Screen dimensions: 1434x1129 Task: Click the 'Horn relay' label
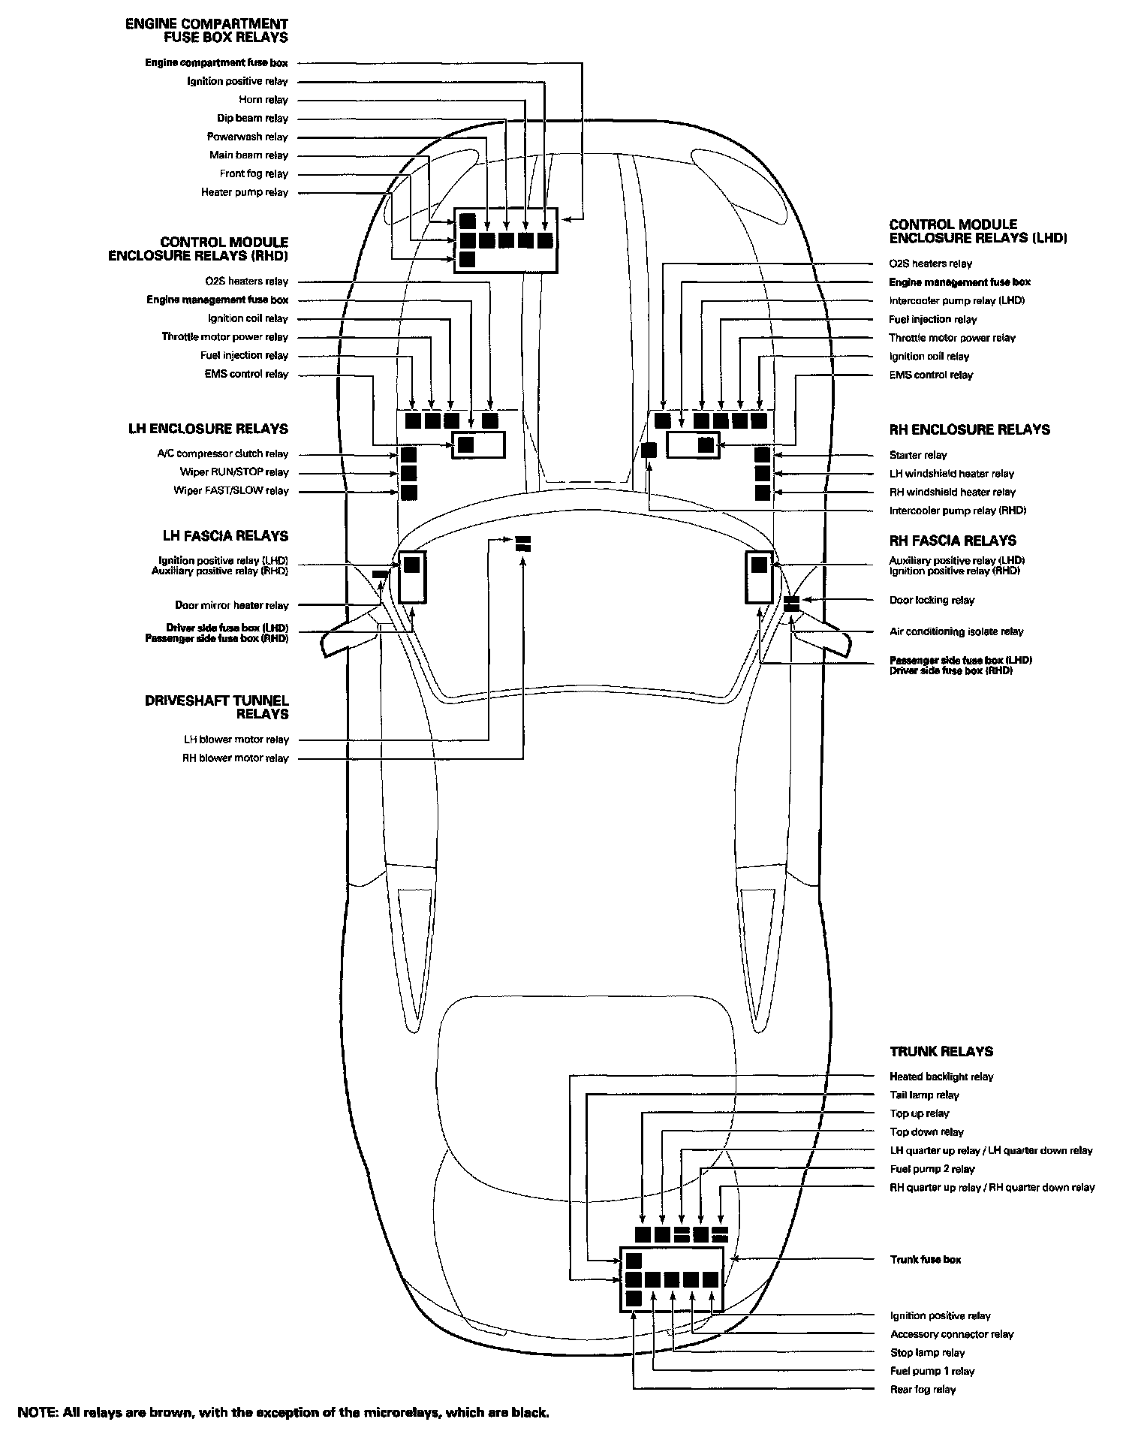[263, 100]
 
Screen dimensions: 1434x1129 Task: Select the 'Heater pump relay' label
[244, 192]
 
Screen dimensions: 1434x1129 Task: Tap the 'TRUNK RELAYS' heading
[941, 1052]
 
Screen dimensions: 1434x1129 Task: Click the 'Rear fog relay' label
[923, 1390]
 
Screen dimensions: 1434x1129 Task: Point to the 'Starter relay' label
[918, 455]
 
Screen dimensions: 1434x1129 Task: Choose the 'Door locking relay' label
[932, 600]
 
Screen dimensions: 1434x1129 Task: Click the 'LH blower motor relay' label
[236, 740]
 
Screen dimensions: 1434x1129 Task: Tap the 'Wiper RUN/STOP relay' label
[233, 472]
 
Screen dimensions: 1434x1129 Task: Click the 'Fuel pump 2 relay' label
[932, 1169]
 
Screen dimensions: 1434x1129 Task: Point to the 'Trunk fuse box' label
[925, 1259]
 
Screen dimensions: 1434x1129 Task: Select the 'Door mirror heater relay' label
[231, 605]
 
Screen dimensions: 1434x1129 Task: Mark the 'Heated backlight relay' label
[941, 1077]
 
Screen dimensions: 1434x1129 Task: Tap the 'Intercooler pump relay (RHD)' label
[957, 511]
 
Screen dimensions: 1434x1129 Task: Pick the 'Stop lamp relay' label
[927, 1353]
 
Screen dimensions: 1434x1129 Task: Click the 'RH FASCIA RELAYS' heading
[953, 541]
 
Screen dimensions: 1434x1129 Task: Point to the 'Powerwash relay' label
[247, 137]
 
